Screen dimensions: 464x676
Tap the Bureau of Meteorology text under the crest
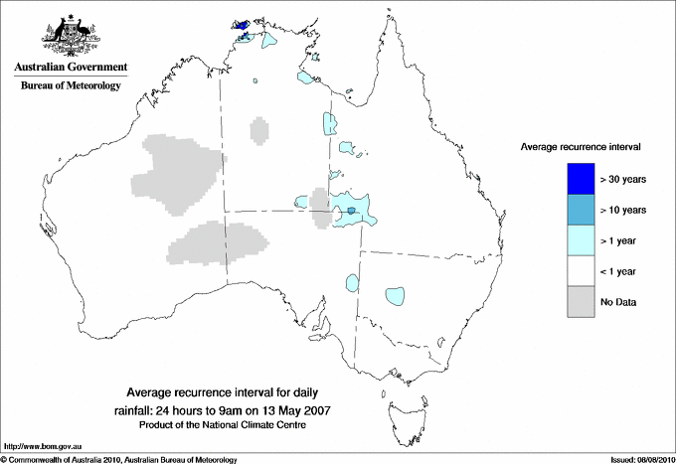pos(71,86)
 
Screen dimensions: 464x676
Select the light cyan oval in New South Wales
pos(395,295)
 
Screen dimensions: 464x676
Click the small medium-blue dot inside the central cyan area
pos(351,212)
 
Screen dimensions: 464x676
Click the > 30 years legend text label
pos(624,180)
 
